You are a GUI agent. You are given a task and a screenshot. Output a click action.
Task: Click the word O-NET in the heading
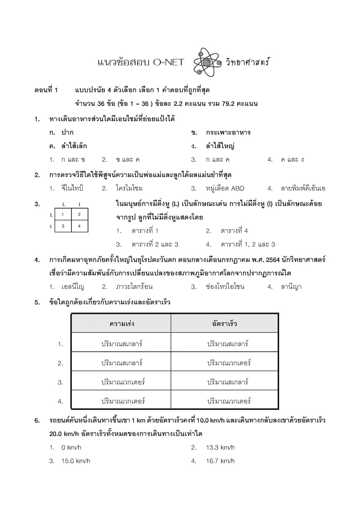tap(168, 62)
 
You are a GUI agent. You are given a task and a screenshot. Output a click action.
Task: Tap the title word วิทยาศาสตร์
tap(248, 62)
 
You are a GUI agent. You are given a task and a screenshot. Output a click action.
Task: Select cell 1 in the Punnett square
tap(63, 214)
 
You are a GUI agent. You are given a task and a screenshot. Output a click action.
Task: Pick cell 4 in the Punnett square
tap(79, 226)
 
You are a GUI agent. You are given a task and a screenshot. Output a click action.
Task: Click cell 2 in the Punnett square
tap(79, 214)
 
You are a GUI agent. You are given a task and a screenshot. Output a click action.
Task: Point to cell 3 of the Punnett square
tap(63, 226)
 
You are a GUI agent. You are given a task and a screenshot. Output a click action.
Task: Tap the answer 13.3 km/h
tap(220, 447)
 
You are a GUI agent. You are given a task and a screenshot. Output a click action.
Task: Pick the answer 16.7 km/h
tap(220, 461)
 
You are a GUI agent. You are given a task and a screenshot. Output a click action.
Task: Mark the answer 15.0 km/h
tap(75, 461)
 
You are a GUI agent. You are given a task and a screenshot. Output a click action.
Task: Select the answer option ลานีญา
tap(291, 287)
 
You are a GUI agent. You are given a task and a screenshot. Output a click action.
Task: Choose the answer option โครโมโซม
tap(129, 188)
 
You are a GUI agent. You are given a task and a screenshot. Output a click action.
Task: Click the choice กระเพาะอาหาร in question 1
tap(228, 132)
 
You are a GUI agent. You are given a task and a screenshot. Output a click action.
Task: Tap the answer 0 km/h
tap(71, 447)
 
